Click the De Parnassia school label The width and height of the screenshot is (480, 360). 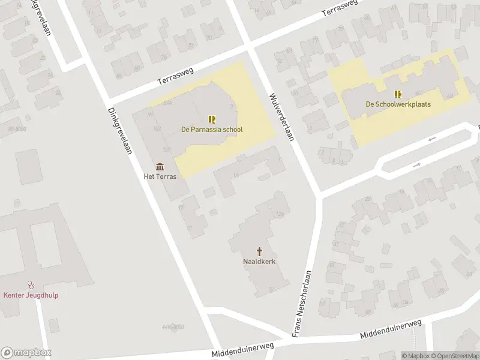point(212,129)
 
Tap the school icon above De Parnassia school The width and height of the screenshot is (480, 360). point(212,119)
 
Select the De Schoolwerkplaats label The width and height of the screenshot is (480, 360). point(398,104)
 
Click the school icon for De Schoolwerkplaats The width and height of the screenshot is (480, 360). point(398,94)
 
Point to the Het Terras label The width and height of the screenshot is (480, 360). point(160,176)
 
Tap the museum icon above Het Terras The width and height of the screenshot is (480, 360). point(160,166)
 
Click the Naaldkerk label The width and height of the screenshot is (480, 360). point(260,261)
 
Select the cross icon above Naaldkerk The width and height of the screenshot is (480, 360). point(260,251)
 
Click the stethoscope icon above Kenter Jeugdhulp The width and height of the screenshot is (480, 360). point(31,285)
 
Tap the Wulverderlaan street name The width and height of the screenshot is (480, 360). point(280,117)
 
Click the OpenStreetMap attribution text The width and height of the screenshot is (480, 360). point(455,356)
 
